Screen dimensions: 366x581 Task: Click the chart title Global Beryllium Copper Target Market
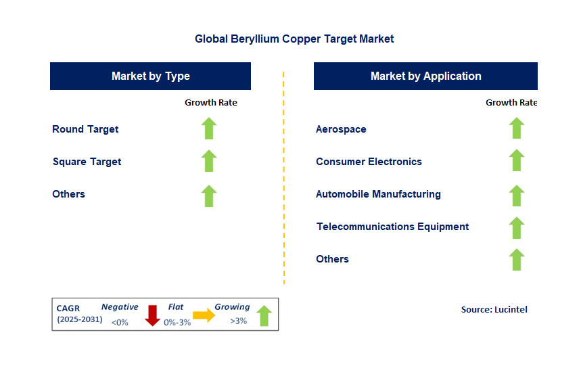(294, 39)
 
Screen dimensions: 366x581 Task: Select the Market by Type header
(150, 76)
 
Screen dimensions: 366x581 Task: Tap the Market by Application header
(425, 76)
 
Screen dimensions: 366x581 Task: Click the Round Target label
(85, 129)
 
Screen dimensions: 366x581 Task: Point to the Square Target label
(87, 162)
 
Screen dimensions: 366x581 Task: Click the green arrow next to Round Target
(209, 129)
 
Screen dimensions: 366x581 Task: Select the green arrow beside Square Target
(209, 161)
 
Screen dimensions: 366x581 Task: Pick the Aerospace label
(341, 129)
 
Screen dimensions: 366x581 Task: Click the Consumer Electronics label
(369, 162)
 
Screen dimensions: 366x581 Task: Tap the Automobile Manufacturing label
(378, 194)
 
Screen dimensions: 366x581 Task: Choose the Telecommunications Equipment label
(392, 227)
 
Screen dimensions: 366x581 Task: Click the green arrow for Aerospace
(517, 129)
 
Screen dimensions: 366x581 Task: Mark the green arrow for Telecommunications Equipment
(517, 227)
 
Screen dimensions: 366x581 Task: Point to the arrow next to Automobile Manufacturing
(517, 195)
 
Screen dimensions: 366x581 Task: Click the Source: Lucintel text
(494, 309)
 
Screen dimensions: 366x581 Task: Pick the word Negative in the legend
(120, 307)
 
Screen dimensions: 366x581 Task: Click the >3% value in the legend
(238, 321)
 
